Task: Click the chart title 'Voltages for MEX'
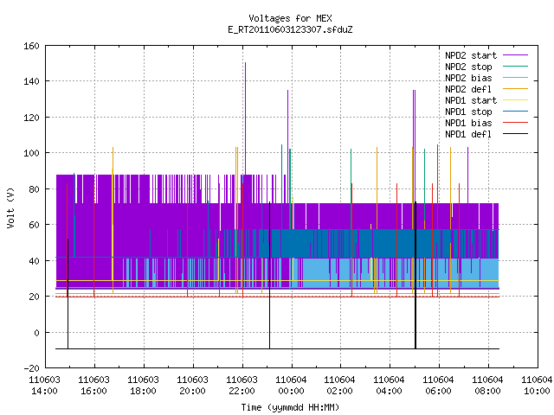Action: click(290, 18)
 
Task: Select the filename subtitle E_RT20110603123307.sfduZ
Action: click(290, 29)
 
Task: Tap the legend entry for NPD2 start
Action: click(486, 55)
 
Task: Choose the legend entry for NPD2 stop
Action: click(486, 67)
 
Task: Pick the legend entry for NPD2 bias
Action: click(486, 78)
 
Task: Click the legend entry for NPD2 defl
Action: click(486, 89)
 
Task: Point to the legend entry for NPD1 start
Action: click(486, 100)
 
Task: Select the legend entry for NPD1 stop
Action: click(486, 112)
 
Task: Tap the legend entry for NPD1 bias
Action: click(486, 123)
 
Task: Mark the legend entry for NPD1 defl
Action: click(486, 135)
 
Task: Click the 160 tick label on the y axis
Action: click(31, 46)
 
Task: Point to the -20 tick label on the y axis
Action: click(31, 368)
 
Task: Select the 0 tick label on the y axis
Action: click(36, 333)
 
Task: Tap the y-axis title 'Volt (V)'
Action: click(10, 207)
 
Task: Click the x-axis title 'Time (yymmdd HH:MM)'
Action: click(290, 407)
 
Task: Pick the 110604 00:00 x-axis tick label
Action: click(291, 386)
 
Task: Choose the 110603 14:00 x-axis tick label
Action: click(44, 386)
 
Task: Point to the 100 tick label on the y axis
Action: click(31, 153)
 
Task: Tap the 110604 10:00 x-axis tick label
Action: click(537, 386)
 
